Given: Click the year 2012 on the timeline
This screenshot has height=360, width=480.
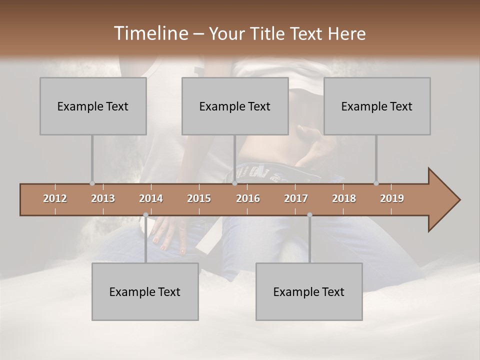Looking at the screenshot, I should click(55, 198).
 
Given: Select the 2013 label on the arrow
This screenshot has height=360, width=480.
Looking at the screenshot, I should click(103, 198).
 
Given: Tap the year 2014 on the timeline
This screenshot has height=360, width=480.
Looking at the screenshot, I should click(151, 198).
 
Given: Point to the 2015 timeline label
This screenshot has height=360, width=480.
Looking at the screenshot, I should click(199, 198).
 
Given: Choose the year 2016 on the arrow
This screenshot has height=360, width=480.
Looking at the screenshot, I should click(248, 198).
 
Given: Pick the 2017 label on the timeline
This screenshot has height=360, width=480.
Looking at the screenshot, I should click(296, 198).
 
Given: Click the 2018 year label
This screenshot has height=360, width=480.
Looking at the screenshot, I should click(344, 198).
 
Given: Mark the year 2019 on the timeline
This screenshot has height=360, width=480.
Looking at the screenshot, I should click(392, 198).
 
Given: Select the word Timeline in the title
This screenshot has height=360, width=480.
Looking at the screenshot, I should click(150, 33).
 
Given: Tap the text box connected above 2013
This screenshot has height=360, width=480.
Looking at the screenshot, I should click(93, 106).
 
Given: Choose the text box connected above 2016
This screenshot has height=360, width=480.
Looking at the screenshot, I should click(235, 106).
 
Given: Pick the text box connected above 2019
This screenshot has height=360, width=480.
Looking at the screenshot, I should click(377, 106).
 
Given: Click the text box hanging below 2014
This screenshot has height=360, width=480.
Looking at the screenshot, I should click(145, 292).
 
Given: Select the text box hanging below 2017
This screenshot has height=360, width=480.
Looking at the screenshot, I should click(309, 292).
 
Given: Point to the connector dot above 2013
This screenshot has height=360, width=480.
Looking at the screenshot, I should click(92, 183).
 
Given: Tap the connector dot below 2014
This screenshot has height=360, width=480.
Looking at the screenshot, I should click(145, 215).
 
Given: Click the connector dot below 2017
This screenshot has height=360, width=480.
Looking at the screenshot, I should click(309, 215).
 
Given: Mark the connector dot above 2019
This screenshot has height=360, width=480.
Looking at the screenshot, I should click(376, 183).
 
